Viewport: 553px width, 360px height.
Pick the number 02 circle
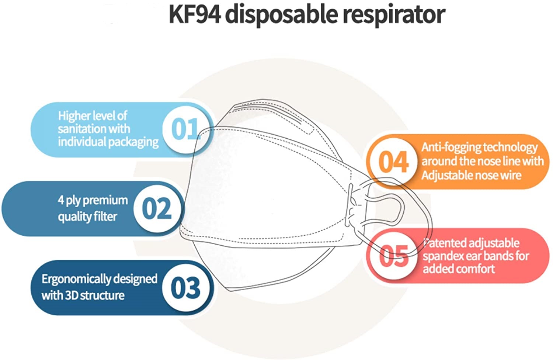pyautogui.click(x=157, y=208)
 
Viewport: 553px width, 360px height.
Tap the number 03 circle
pyautogui.click(x=186, y=288)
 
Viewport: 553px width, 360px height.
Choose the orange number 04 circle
pyautogui.click(x=393, y=162)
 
